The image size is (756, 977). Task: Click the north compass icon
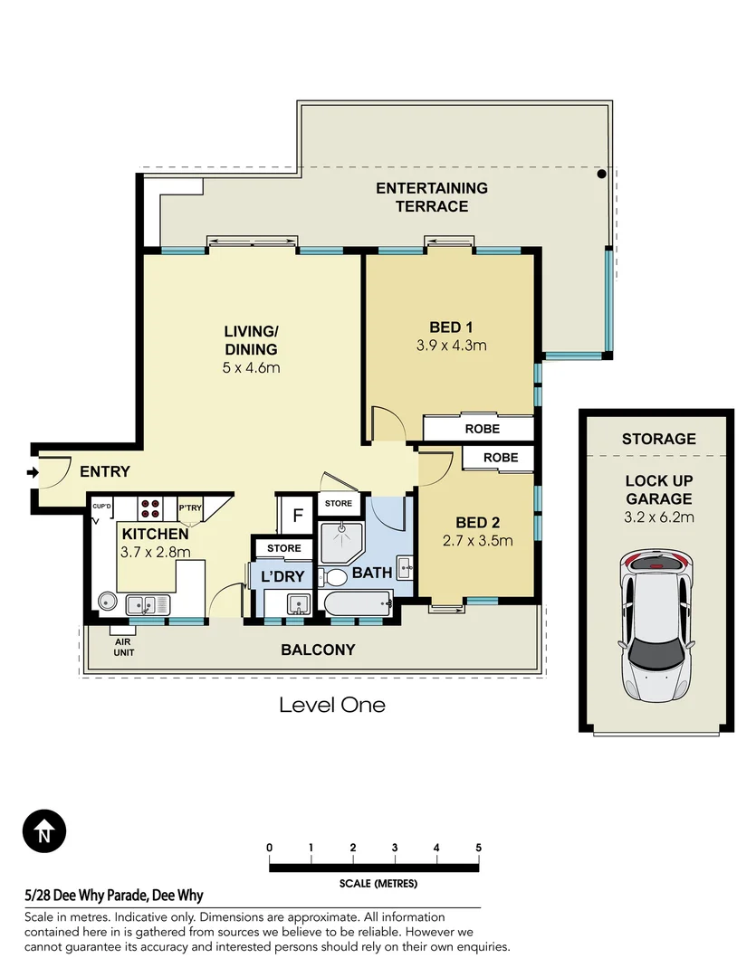click(44, 831)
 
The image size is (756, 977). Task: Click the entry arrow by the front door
click(33, 473)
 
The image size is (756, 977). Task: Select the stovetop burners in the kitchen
click(149, 508)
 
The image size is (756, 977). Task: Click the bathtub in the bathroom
click(358, 603)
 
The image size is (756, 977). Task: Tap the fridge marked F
click(298, 516)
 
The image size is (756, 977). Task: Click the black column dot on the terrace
click(601, 174)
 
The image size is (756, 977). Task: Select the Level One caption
click(332, 705)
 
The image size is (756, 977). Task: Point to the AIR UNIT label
click(123, 647)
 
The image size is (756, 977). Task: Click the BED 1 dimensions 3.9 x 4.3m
click(451, 346)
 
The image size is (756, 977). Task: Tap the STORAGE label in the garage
click(659, 439)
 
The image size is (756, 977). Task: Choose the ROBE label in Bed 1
click(483, 429)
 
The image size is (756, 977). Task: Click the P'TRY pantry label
click(190, 507)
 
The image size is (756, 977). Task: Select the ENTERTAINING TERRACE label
click(432, 197)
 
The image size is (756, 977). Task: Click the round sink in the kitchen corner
click(108, 602)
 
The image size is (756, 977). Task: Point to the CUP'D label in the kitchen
click(101, 506)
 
